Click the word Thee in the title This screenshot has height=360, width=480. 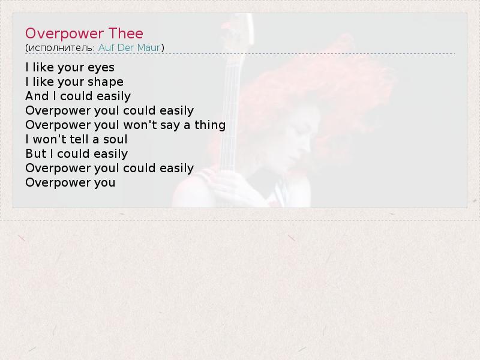tap(126, 34)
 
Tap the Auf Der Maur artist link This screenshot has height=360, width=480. tap(129, 47)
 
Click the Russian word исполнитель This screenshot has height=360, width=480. tap(62, 48)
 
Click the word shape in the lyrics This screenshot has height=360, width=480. tap(106, 82)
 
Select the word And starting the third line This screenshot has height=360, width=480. tap(37, 96)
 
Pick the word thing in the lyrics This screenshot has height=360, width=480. tap(210, 125)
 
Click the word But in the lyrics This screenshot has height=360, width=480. tap(36, 154)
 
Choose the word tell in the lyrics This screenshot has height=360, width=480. tap(79, 139)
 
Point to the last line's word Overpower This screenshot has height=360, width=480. tap(58, 183)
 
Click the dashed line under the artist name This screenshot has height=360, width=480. tap(240, 53)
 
